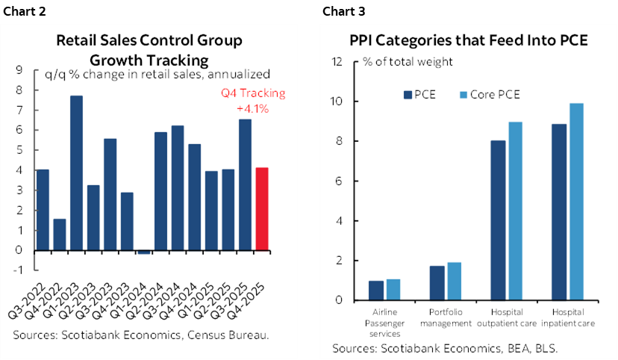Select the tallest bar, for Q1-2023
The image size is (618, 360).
point(76,173)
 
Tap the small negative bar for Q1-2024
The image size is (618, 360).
point(143,252)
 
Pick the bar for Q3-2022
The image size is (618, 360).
point(43,210)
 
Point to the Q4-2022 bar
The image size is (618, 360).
point(60,235)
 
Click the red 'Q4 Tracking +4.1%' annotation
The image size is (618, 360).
point(252,101)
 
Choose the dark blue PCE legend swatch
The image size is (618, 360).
point(408,94)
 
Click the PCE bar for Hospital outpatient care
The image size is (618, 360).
point(497,220)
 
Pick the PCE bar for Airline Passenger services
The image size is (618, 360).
point(376,291)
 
